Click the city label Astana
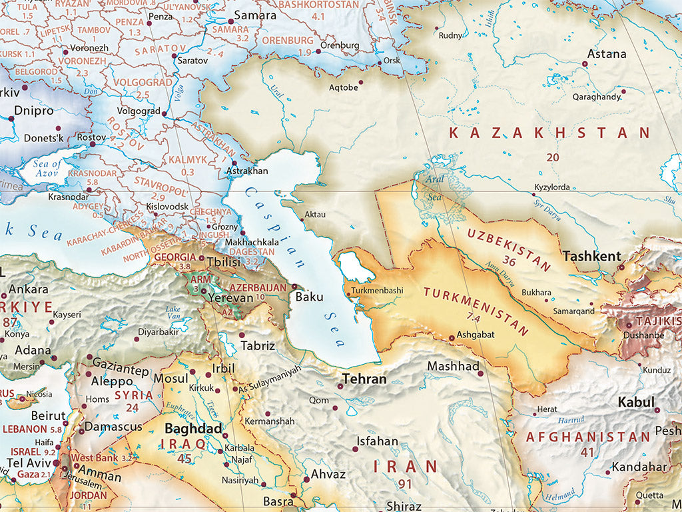(606, 54)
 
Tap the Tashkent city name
(591, 256)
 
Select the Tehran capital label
(364, 379)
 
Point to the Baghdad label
(193, 429)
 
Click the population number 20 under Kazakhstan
(553, 157)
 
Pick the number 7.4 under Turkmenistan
(474, 315)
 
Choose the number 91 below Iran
(405, 484)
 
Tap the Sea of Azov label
(47, 169)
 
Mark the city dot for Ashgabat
(452, 338)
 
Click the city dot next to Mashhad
(480, 373)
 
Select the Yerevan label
(230, 299)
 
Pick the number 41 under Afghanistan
(587, 452)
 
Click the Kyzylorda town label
(552, 187)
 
